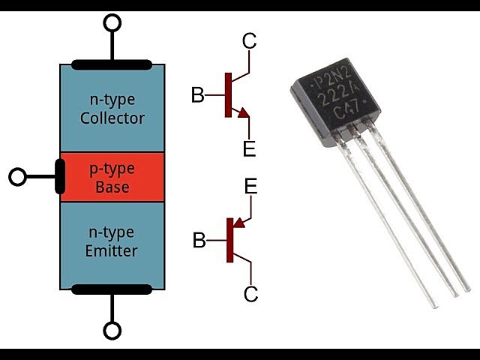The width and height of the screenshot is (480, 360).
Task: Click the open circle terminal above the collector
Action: point(112,22)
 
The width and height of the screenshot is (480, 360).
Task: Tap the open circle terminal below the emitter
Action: point(112,330)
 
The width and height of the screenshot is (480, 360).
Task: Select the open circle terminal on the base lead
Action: point(17,177)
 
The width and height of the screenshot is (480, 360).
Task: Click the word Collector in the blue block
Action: point(112,118)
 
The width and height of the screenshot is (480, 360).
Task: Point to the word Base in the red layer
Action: point(112,187)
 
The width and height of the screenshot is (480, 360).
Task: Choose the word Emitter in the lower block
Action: point(112,250)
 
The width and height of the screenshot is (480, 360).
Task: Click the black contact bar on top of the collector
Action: point(112,65)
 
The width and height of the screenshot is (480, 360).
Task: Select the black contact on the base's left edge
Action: point(60,177)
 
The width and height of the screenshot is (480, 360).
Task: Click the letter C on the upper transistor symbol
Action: point(250,42)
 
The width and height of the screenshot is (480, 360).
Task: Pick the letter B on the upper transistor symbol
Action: point(197,95)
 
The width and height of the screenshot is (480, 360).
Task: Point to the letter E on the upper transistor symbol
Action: point(250,148)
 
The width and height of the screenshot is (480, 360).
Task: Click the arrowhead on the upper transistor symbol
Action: point(243,113)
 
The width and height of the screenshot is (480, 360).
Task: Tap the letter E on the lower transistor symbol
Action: point(250,187)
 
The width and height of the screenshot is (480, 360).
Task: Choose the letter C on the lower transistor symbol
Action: point(250,294)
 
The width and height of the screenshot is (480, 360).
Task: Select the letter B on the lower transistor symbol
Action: point(199,241)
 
